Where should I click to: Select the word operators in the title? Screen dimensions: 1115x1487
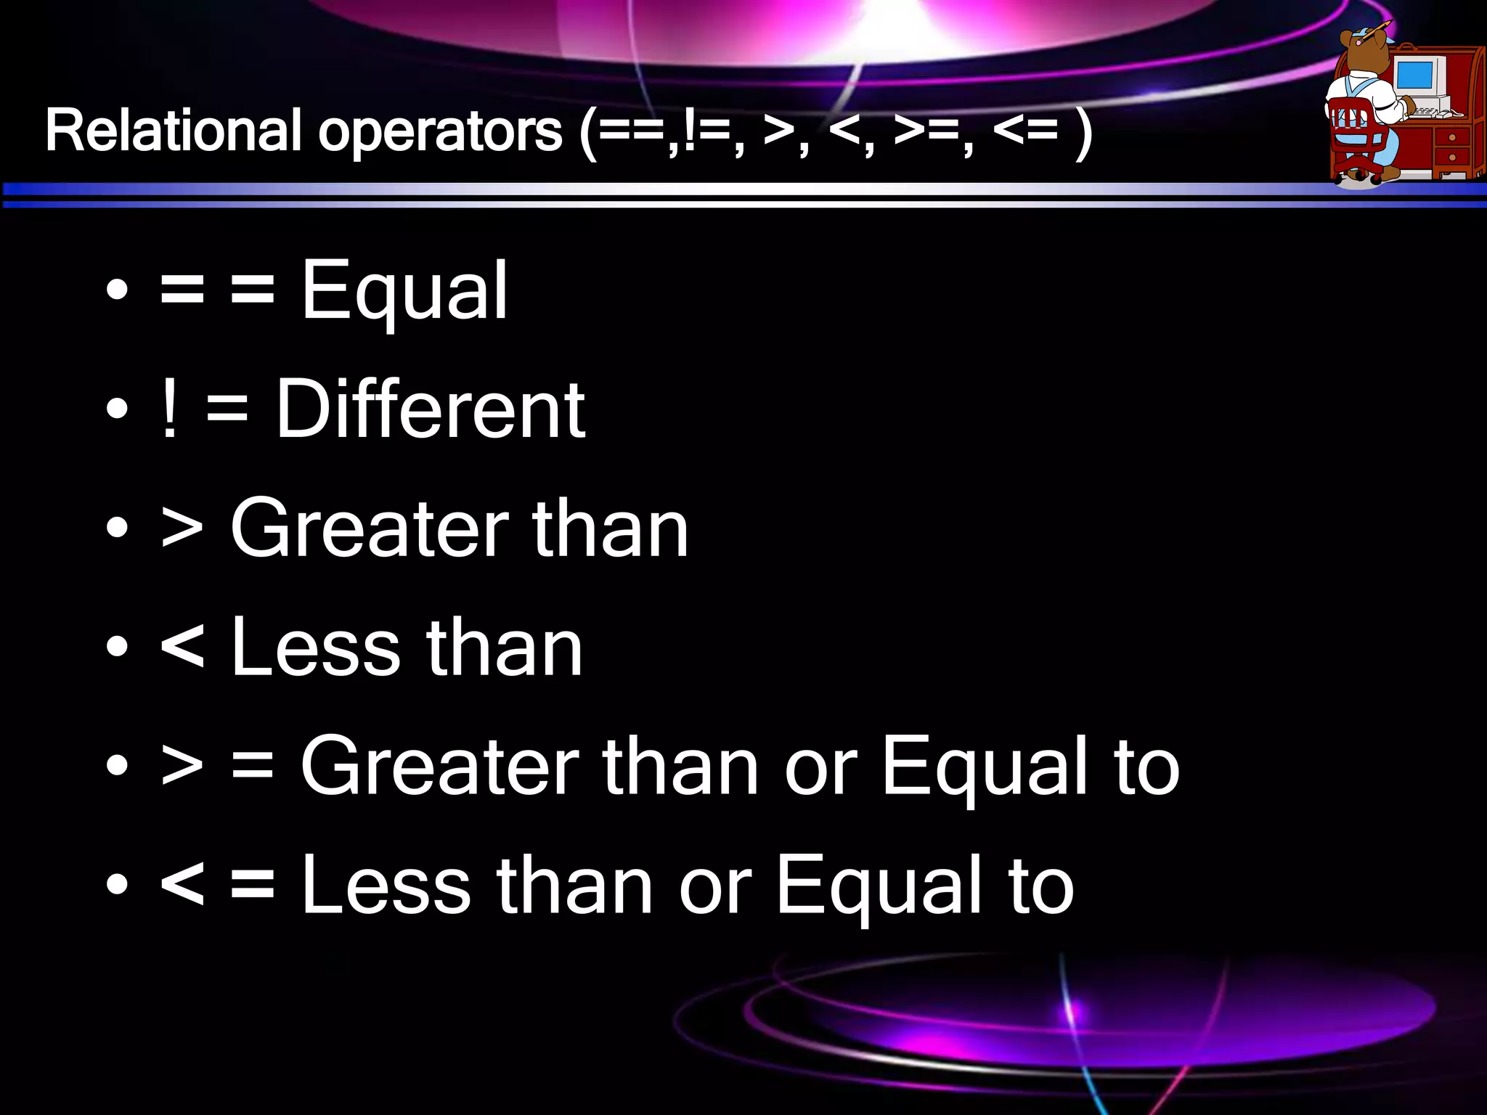[x=440, y=133]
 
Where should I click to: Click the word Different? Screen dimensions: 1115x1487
[x=430, y=410]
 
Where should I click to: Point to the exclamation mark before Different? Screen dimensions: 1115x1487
[x=169, y=409]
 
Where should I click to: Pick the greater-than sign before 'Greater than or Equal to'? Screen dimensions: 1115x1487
[x=182, y=767]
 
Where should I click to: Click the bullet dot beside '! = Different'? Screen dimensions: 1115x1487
[x=117, y=409]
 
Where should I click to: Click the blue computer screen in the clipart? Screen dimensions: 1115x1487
[x=1414, y=75]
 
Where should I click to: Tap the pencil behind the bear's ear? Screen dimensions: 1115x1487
[x=1374, y=31]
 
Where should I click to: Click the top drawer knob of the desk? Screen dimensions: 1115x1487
[x=1451, y=137]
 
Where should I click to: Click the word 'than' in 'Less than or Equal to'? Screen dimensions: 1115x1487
[x=574, y=887]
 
